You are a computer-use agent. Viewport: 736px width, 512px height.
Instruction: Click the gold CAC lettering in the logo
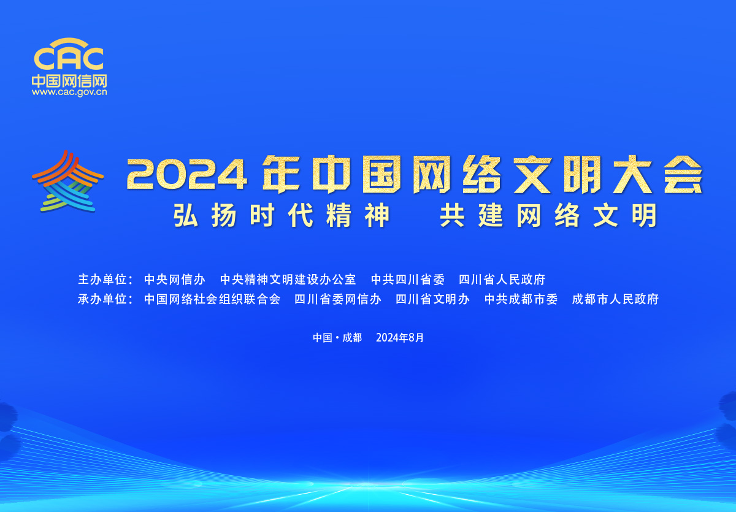[69, 58]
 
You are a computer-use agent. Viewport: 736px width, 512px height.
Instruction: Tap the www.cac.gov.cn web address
[69, 93]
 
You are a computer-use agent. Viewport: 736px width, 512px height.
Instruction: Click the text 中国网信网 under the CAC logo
[69, 81]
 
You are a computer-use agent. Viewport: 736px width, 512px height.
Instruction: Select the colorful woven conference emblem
[67, 181]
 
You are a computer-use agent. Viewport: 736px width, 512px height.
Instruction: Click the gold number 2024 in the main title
[186, 174]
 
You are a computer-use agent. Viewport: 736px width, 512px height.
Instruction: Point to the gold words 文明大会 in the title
[608, 174]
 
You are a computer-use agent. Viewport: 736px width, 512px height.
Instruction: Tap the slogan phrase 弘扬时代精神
[282, 215]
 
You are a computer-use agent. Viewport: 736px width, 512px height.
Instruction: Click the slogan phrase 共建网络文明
[548, 215]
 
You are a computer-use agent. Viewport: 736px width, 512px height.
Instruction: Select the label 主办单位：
[105, 280]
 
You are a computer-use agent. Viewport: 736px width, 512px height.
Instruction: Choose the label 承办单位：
[105, 299]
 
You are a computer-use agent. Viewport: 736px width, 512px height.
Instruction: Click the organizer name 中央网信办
[175, 280]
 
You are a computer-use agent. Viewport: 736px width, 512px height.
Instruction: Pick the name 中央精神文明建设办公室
[288, 280]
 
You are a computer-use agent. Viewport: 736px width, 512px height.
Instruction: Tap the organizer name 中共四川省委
[408, 280]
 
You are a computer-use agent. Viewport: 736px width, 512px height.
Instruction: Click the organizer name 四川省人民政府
[502, 280]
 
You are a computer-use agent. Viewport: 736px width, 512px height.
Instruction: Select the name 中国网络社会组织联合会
[212, 299]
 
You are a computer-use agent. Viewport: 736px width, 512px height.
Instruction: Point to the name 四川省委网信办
[338, 299]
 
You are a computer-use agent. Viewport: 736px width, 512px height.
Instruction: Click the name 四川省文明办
[433, 299]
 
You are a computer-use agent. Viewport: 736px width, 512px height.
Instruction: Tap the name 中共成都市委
[521, 299]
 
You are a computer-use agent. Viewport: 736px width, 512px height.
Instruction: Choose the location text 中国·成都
[337, 338]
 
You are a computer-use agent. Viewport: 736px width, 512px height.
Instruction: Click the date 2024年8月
[400, 338]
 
